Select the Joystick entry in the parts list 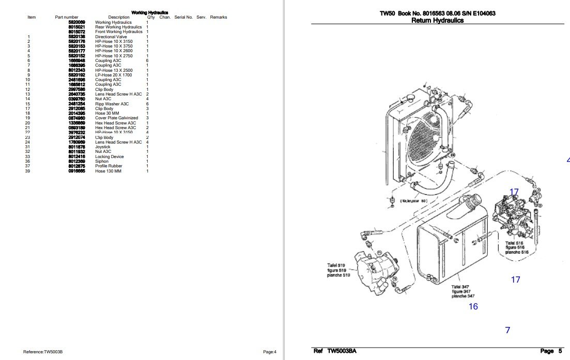click(103, 147)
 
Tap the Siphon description click(102, 161)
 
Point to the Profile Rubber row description click(108, 166)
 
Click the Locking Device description click(110, 156)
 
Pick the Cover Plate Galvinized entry click(116, 118)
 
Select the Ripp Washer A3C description click(112, 104)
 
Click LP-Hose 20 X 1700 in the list click(113, 75)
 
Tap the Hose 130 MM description click(107, 171)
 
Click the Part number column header click(67, 18)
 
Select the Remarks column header click(218, 18)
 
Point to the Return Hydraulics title click(437, 21)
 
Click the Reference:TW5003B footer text click(43, 352)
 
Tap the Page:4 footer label click(269, 352)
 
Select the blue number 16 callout click(473, 306)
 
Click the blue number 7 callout click(507, 330)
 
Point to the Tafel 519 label click(336, 265)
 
